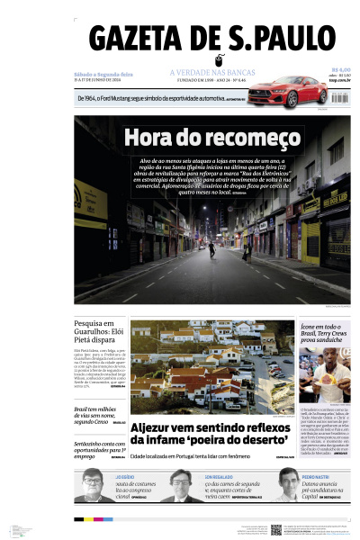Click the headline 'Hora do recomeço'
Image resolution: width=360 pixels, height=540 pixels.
211,137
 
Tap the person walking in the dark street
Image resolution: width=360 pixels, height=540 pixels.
212,249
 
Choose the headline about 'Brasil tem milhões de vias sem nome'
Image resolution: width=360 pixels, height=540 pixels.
97,414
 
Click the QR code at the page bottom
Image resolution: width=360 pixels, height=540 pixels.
276,528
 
